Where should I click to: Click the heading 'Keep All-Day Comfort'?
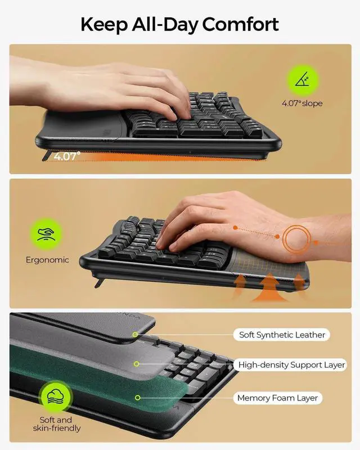[179, 24]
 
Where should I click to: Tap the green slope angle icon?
[302, 79]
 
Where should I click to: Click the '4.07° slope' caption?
[302, 103]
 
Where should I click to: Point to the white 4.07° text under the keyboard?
[67, 157]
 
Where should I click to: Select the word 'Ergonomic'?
[47, 260]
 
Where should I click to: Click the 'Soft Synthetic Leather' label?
[282, 335]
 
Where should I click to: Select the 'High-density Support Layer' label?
[291, 365]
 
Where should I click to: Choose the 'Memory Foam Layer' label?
[277, 398]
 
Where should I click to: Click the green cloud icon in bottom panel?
[56, 396]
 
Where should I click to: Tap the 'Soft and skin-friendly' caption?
[56, 424]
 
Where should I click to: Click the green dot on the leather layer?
[136, 335]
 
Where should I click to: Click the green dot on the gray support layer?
[136, 365]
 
